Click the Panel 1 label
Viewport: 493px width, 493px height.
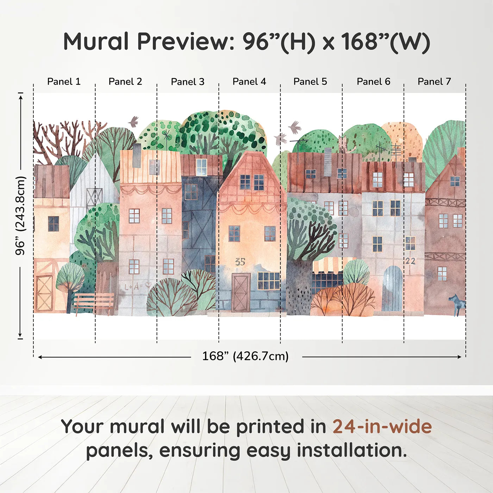[x=64, y=82]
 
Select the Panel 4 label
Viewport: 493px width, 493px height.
[x=249, y=82]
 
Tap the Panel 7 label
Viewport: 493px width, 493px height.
[x=434, y=82]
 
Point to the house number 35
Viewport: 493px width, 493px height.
[x=240, y=262]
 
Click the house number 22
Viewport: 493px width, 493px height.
[x=410, y=261]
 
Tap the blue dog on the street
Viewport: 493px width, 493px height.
[x=457, y=304]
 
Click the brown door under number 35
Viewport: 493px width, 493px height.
[x=241, y=292]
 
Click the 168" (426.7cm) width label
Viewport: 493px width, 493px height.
[x=245, y=356]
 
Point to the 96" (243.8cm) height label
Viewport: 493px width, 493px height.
[x=20, y=216]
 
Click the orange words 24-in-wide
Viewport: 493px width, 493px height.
[x=382, y=427]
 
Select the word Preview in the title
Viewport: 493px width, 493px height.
[x=183, y=42]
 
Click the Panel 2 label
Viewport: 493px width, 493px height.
[x=125, y=82]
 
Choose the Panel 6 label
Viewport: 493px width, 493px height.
[x=373, y=82]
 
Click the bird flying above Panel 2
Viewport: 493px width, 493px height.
[x=133, y=121]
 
